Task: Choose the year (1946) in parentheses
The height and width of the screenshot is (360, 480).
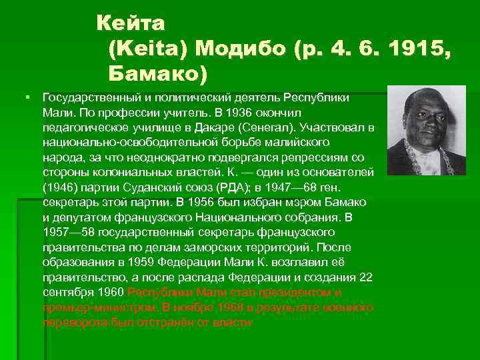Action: [x=57, y=187]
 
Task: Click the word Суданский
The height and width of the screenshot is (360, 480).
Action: [x=145, y=187]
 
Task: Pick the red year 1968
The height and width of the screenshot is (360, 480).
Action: [x=233, y=307]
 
